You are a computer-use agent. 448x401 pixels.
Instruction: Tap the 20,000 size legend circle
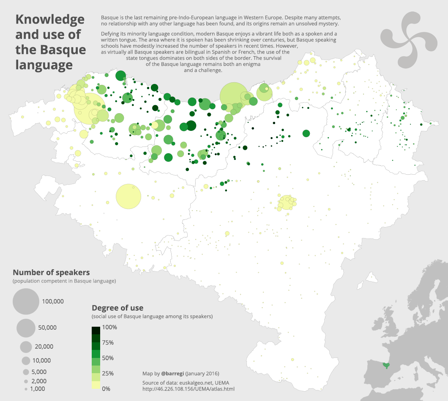pyautogui.click(x=26, y=347)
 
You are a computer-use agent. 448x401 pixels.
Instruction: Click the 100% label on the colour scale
pyautogui.click(x=109, y=327)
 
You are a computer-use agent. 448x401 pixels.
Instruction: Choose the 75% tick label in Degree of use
pyautogui.click(x=108, y=343)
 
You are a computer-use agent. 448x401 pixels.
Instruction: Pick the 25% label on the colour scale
pyautogui.click(x=108, y=373)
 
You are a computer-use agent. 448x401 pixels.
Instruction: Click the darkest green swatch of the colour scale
pyautogui.click(x=96, y=330)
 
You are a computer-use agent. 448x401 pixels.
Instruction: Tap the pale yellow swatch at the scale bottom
pyautogui.click(x=96, y=385)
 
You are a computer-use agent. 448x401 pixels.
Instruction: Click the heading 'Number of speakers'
pyautogui.click(x=51, y=272)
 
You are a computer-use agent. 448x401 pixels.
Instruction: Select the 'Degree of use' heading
pyautogui.click(x=117, y=308)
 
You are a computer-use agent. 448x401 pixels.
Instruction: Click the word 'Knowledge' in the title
pyautogui.click(x=50, y=19)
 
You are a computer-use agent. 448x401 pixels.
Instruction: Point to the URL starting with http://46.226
pyautogui.click(x=188, y=389)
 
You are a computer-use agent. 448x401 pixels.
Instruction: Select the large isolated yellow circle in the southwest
pyautogui.click(x=128, y=196)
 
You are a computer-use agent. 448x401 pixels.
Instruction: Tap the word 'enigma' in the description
pyautogui.click(x=251, y=64)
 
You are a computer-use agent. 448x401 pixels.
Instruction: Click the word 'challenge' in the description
pyautogui.click(x=209, y=70)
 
